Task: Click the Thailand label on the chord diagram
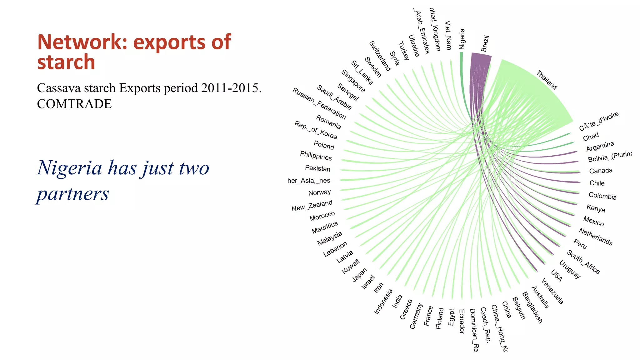(x=547, y=80)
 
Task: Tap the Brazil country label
(x=485, y=43)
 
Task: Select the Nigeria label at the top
(x=462, y=39)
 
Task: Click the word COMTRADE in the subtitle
(x=74, y=104)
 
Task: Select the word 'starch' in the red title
(x=66, y=62)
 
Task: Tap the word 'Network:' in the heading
(x=82, y=42)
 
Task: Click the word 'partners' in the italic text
(x=73, y=194)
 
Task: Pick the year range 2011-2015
(x=231, y=88)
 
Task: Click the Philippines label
(x=316, y=155)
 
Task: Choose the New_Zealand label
(x=312, y=206)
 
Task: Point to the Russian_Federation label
(x=319, y=103)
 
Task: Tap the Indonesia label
(x=383, y=302)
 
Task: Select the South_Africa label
(x=583, y=262)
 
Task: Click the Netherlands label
(x=596, y=237)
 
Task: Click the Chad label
(x=591, y=137)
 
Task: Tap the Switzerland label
(x=380, y=56)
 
